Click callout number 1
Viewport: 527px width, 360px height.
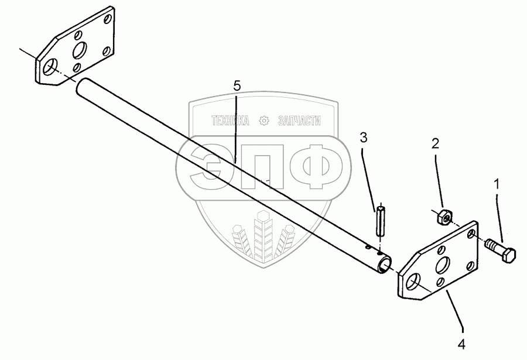(497, 184)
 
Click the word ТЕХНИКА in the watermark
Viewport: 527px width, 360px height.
(231, 121)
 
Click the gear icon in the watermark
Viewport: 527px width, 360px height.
(263, 121)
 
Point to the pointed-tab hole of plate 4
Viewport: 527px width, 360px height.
(413, 284)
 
